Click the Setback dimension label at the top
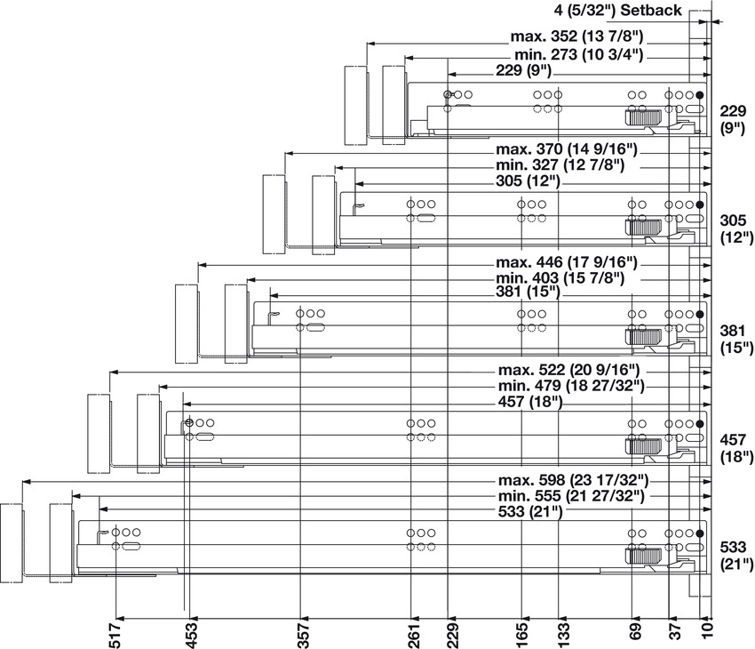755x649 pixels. click(x=617, y=11)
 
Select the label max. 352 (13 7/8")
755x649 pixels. click(x=576, y=37)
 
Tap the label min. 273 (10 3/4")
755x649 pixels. click(x=578, y=55)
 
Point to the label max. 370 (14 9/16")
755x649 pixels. click(x=568, y=148)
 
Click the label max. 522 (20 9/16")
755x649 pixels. click(x=568, y=369)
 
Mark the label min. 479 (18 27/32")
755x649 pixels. click(x=568, y=386)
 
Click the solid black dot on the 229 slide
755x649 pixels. click(x=700, y=95)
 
